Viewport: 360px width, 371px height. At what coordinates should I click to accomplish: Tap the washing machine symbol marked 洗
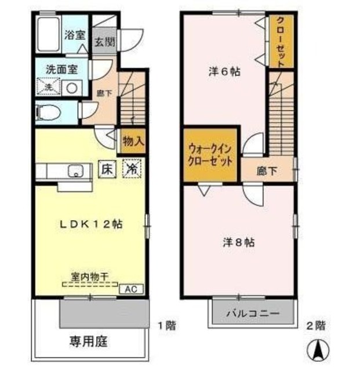click(49, 88)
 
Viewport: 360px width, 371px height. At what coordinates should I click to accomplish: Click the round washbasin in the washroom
click(71, 88)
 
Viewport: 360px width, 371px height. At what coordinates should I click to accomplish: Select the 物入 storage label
click(133, 141)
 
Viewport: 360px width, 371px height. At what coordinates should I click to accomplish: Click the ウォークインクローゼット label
click(210, 155)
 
